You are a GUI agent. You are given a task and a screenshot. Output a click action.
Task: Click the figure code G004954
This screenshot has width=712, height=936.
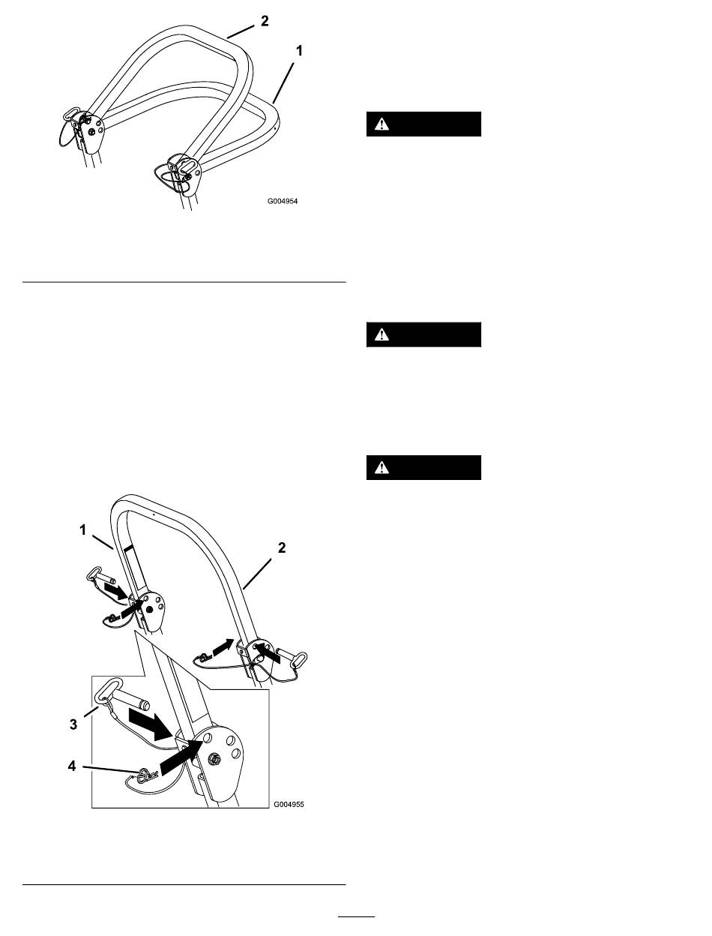point(282,201)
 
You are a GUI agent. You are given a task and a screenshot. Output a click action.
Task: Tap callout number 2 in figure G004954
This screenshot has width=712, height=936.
point(265,21)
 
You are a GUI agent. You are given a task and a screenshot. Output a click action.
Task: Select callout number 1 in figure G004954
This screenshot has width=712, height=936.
point(299,51)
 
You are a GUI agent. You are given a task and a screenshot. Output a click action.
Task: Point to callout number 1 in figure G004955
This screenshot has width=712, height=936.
point(82,530)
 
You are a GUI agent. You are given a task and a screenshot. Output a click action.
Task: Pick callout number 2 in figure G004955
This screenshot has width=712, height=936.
point(282,548)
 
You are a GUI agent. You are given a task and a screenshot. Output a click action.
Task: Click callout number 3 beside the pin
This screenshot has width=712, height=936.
point(73,724)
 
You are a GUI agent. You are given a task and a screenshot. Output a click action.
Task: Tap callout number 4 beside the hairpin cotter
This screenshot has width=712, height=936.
point(72,766)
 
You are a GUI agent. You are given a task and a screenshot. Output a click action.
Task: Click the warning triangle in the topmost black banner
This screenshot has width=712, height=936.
point(381,124)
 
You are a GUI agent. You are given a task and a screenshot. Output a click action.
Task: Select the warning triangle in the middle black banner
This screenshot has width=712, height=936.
point(381,334)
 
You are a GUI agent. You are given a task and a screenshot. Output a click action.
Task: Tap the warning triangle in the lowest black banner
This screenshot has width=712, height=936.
point(381,468)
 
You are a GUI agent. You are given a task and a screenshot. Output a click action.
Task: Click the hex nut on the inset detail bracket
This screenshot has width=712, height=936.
point(214,759)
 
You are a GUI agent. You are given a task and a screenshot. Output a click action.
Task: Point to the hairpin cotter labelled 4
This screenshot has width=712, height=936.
point(147,772)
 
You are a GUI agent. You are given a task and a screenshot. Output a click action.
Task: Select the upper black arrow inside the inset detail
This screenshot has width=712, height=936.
point(150,722)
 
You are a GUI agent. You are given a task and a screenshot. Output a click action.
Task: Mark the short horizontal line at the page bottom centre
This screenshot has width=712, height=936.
point(357,916)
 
